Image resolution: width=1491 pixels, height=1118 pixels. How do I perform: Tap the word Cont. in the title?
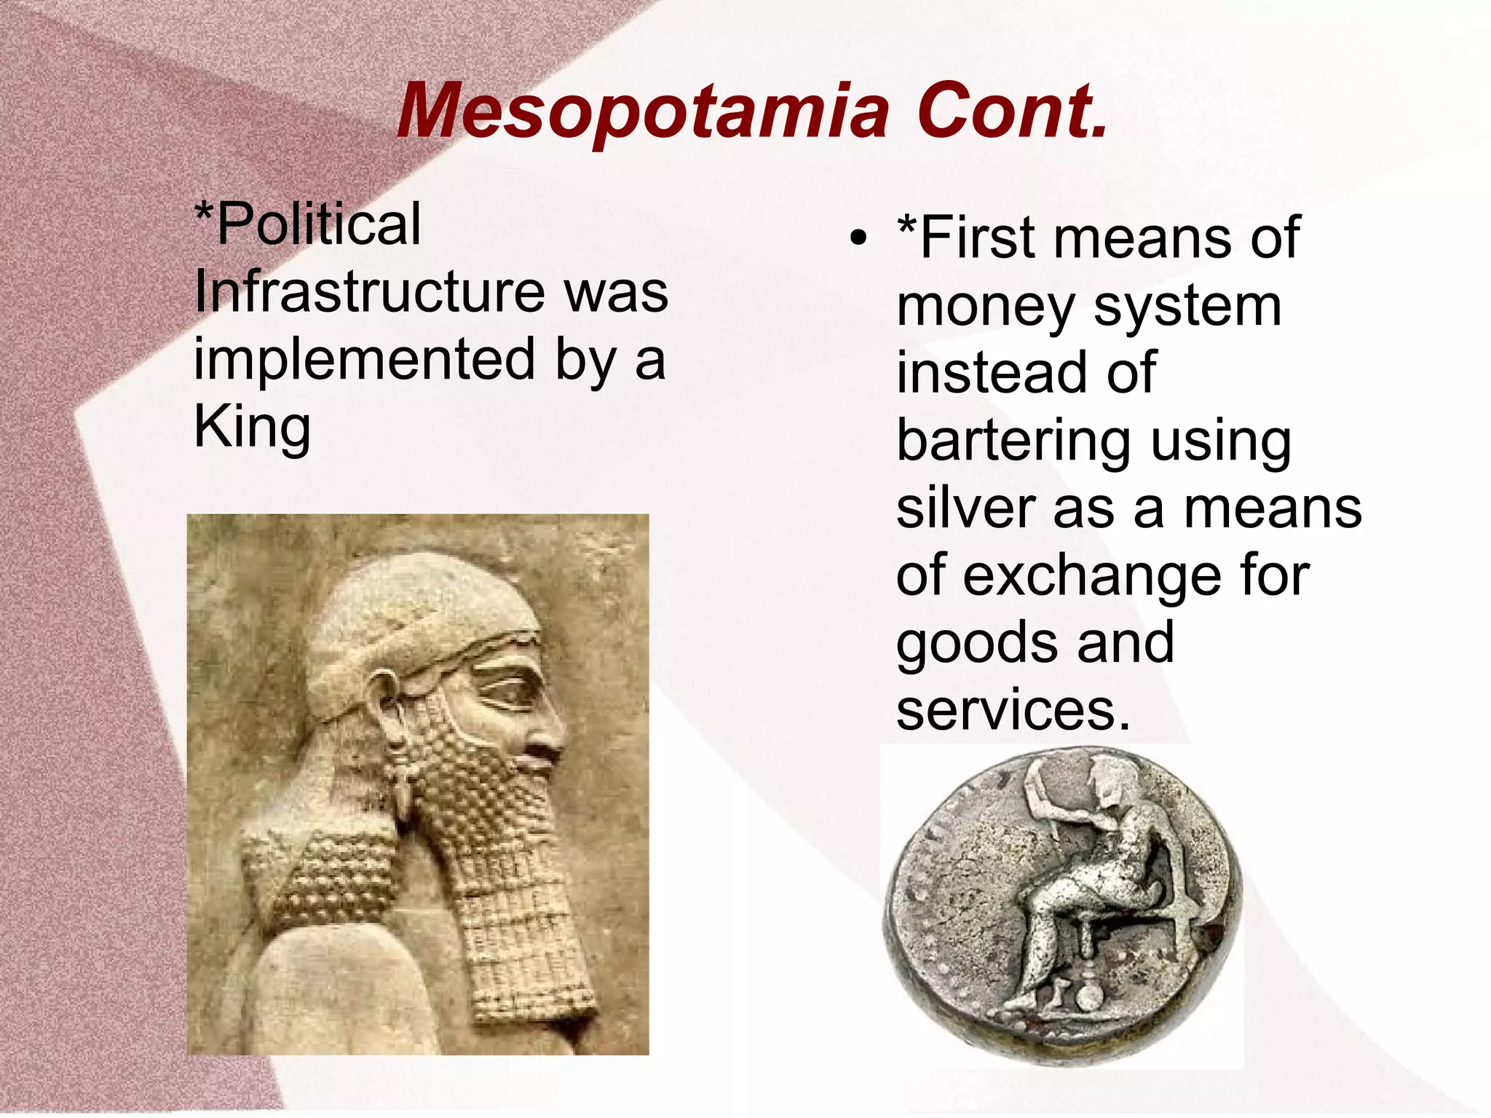click(1012, 111)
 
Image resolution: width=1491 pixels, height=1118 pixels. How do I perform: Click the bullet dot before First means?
click(859, 238)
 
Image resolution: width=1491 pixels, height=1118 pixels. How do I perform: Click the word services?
click(1013, 709)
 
